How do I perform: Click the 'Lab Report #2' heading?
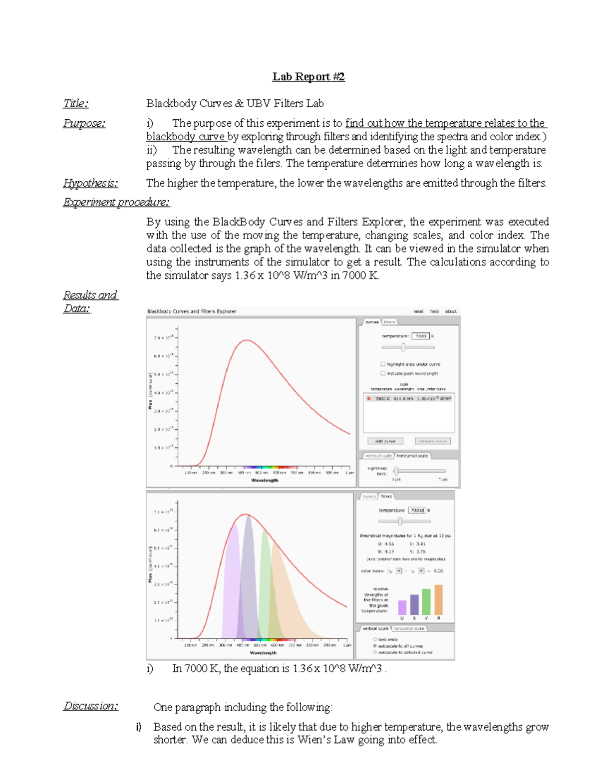308,77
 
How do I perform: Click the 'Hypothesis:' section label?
90,183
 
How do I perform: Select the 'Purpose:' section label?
84,123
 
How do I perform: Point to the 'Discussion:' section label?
90,706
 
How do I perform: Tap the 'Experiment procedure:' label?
116,202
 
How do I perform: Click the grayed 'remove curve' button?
432,441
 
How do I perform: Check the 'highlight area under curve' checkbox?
383,364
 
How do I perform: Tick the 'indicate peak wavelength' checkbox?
383,373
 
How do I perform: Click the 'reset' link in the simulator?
418,311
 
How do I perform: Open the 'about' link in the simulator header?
450,311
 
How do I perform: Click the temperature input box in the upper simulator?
420,336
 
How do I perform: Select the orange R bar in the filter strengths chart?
438,600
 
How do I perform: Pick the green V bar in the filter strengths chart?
426,602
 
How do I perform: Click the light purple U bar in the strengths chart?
402,607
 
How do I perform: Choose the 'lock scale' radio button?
375,639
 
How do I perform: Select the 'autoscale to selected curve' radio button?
375,652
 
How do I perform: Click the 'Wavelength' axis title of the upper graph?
265,481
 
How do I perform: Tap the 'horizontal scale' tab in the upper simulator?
412,456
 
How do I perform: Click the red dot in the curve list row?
368,399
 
